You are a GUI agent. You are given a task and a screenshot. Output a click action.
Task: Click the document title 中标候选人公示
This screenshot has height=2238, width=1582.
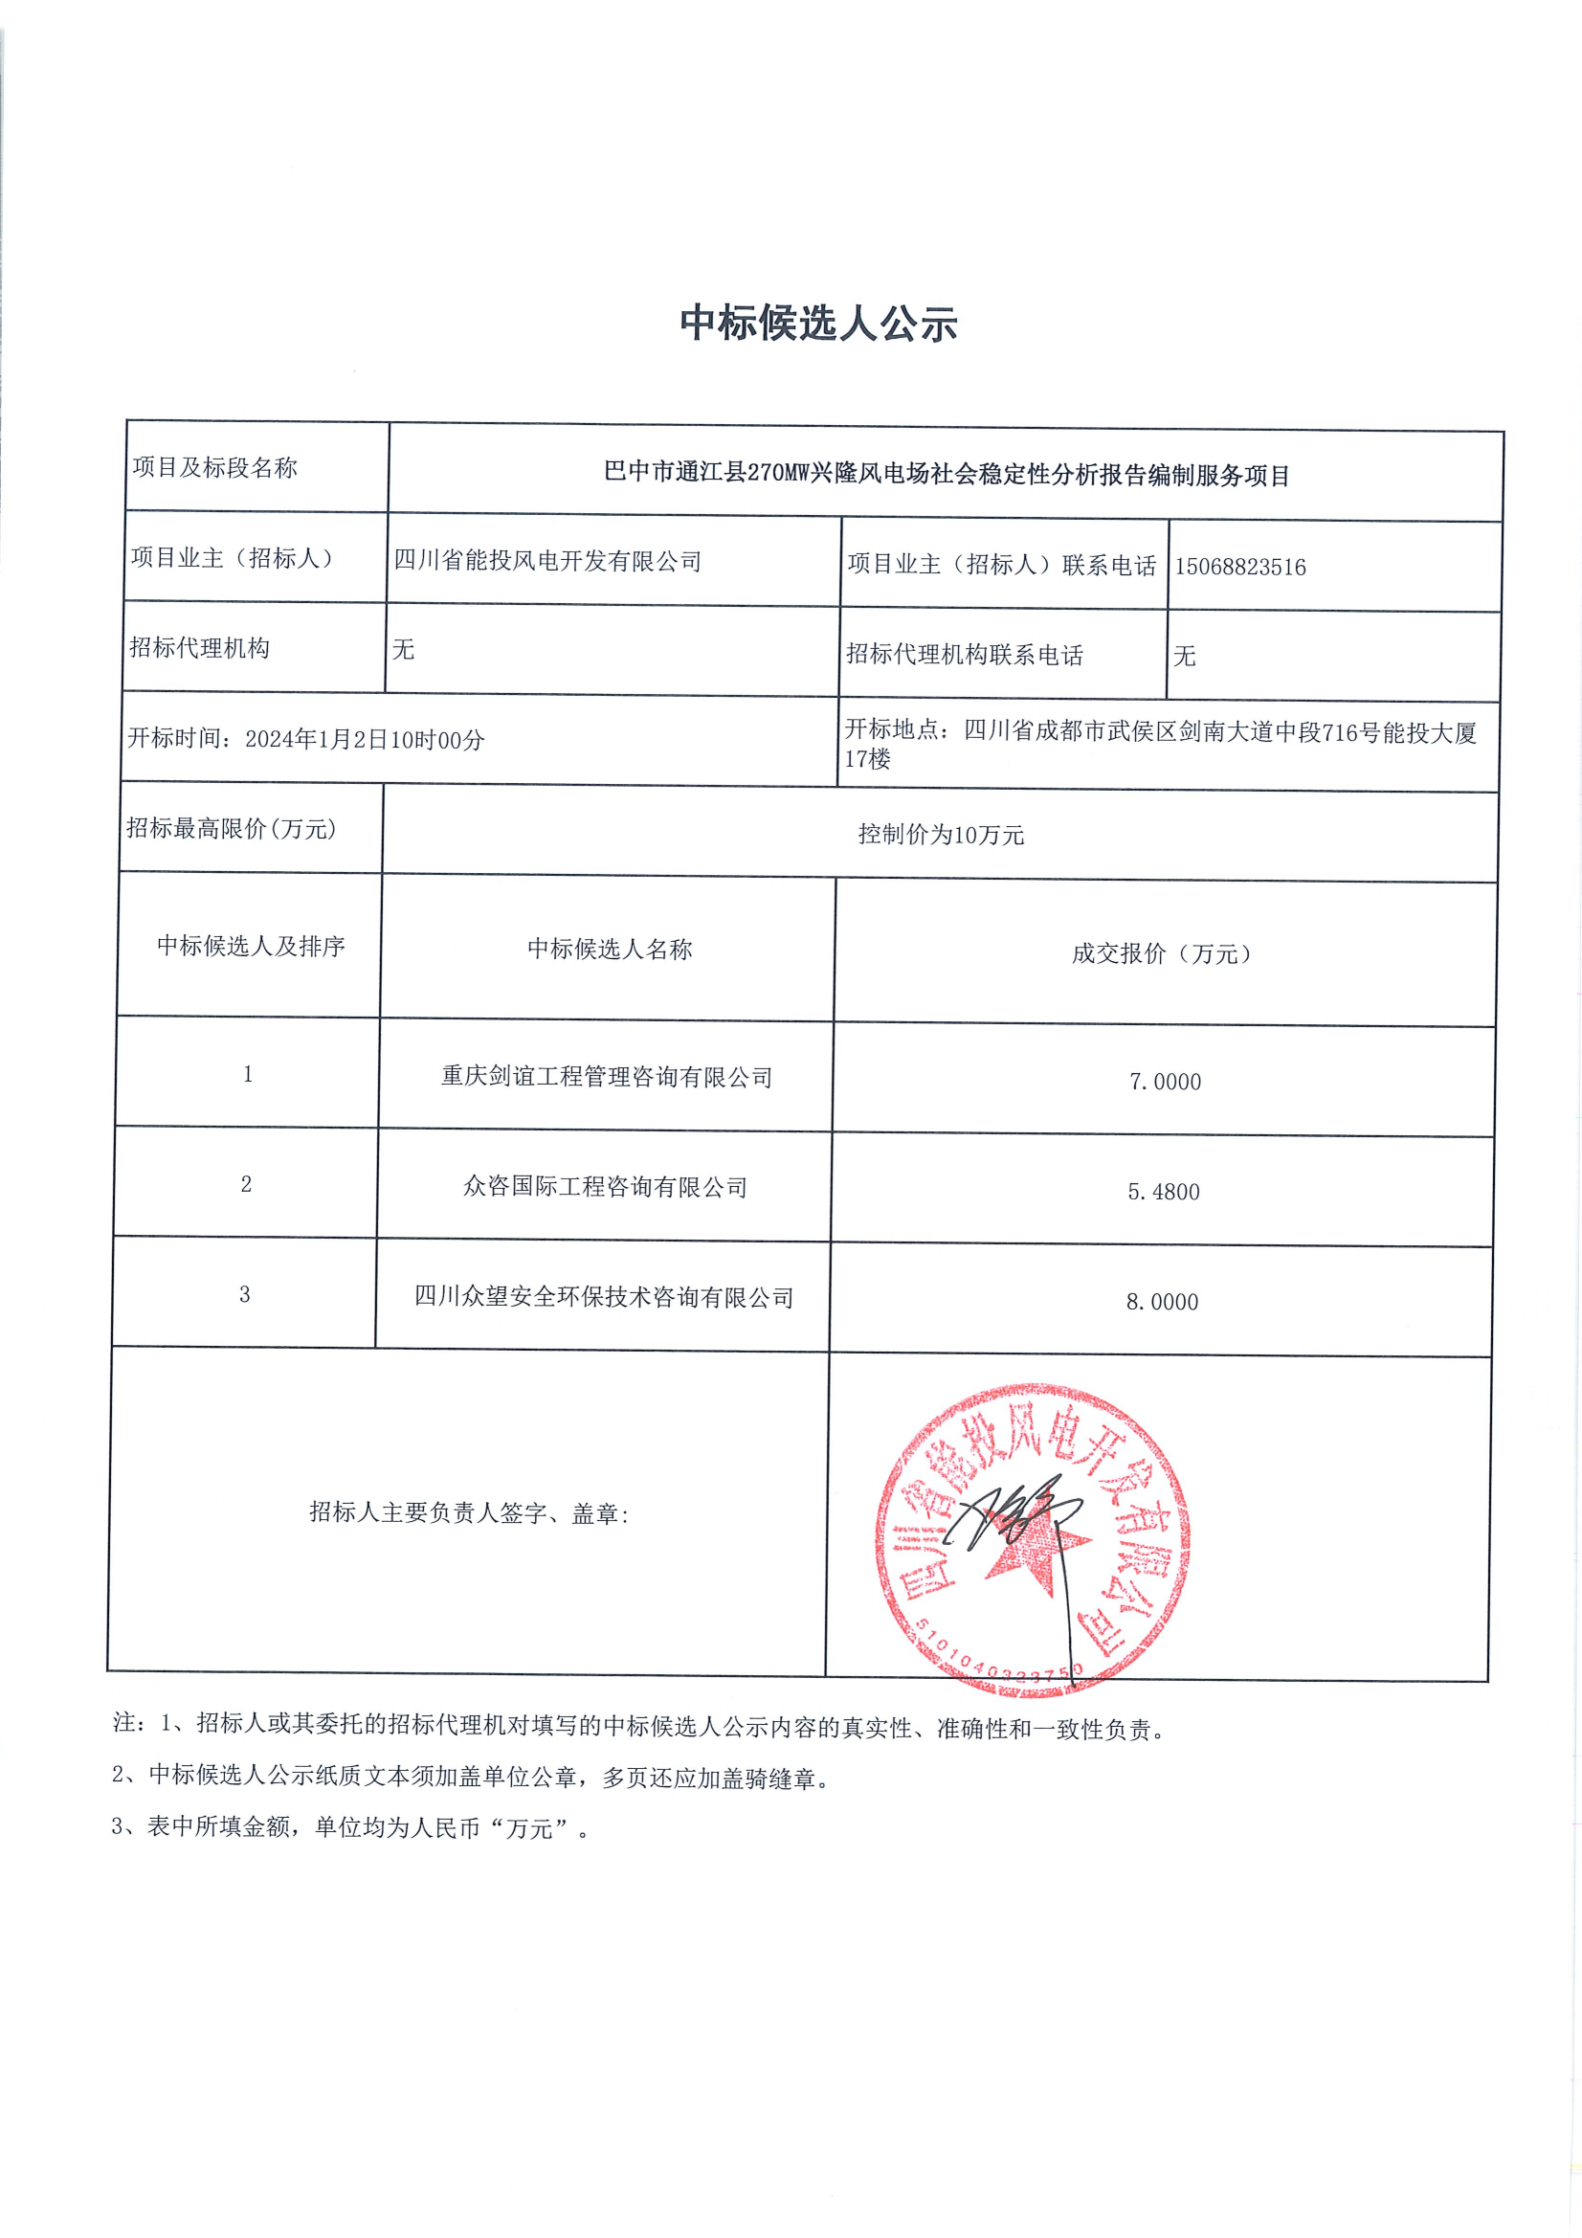[818, 323]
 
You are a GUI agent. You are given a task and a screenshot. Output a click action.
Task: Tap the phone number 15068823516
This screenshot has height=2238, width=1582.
[1240, 568]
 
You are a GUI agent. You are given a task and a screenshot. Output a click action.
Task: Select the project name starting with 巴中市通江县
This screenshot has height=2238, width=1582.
[947, 475]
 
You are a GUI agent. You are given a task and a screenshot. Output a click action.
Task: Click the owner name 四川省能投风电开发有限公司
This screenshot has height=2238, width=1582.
[547, 562]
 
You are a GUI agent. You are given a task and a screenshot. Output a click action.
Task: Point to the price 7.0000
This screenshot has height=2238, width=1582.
[1165, 1082]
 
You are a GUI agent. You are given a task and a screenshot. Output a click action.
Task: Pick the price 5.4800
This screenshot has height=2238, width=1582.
[1163, 1192]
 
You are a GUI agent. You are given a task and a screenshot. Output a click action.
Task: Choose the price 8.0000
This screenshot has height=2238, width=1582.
[1162, 1302]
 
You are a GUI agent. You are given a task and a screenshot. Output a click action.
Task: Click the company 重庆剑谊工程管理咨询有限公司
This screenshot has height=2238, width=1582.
[606, 1077]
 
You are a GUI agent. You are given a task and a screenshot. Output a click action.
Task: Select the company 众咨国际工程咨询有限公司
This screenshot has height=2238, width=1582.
[605, 1187]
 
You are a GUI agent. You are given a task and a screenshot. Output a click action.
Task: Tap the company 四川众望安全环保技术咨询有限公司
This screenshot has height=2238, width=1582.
[604, 1297]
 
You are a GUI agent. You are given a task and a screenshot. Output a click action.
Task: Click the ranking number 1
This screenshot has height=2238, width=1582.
[248, 1074]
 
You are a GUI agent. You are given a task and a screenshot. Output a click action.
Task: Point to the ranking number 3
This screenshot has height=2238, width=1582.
[245, 1294]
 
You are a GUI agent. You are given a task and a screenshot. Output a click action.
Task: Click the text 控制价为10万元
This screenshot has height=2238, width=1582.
[941, 835]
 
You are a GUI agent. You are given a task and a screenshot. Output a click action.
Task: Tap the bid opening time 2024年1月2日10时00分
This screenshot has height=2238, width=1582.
[365, 740]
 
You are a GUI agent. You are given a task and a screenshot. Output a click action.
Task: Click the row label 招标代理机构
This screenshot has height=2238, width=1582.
[200, 648]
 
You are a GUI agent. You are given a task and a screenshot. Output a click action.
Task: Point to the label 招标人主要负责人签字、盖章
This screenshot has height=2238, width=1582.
[469, 1512]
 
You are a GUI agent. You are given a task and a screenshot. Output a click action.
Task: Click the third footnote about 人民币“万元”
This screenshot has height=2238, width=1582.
[351, 1827]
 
